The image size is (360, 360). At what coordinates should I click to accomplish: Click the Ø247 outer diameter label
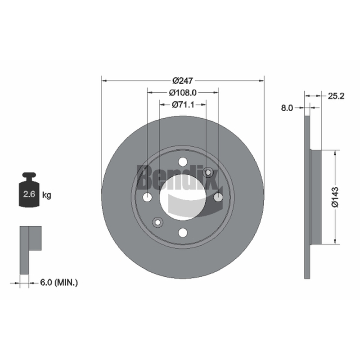click(183, 81)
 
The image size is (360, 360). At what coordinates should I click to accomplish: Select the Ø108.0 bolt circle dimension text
click(183, 93)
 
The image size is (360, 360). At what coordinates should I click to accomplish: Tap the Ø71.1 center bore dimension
click(183, 105)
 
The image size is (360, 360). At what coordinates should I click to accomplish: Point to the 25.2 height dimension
click(336, 96)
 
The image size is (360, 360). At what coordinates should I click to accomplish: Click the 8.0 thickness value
click(287, 108)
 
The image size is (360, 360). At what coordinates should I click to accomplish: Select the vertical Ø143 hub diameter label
click(335, 197)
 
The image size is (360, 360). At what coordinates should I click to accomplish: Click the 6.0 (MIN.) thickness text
click(59, 283)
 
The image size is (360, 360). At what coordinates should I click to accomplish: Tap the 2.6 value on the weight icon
click(29, 194)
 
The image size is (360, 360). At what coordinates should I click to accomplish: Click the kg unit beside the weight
click(47, 195)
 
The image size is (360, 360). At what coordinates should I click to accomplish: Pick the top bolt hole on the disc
click(183, 162)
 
